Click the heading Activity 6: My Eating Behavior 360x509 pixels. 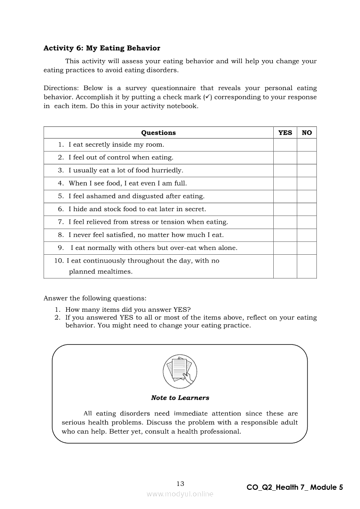tap(102, 48)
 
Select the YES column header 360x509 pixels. tap(285, 133)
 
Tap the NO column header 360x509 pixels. tap(307, 133)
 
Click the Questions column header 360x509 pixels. tap(158, 133)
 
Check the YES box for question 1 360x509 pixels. tap(285, 145)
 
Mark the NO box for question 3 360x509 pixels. tap(307, 170)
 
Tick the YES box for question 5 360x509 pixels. tap(285, 196)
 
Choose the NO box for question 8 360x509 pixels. tap(307, 235)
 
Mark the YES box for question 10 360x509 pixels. tap(285, 266)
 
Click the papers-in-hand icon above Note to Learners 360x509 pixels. tap(180, 372)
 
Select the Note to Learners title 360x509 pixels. tap(180, 398)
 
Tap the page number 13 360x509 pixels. tap(180, 484)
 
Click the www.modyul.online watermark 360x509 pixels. tap(180, 494)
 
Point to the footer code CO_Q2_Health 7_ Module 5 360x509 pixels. tap(295, 488)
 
